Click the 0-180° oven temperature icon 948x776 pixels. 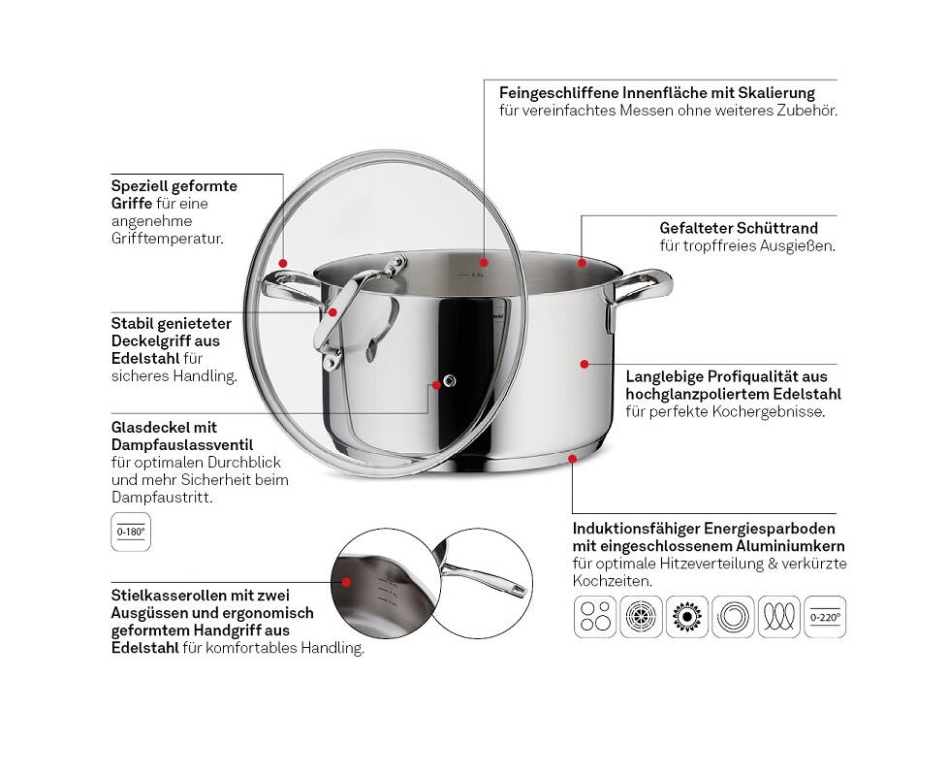[131, 533]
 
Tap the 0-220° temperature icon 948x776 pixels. [825, 617]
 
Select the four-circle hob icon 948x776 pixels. [595, 617]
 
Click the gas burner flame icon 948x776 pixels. [687, 617]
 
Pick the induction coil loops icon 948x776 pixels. [779, 617]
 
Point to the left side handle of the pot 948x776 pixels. [290, 289]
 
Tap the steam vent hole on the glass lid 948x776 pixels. [449, 380]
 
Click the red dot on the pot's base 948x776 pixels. [572, 459]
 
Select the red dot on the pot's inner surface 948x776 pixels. [484, 263]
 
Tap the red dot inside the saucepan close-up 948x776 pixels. [346, 582]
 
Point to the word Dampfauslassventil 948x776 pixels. [182, 445]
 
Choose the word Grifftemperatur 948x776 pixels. [168, 239]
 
